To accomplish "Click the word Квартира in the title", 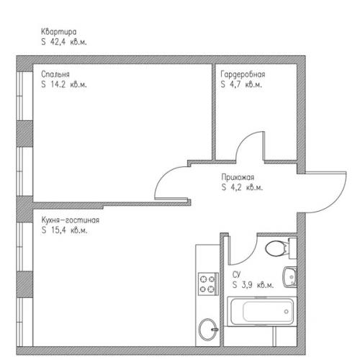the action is (x=58, y=32).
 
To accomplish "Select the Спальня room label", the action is (x=55, y=74).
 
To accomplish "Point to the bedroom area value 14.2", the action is (x=58, y=84).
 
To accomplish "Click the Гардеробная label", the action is (x=243, y=74).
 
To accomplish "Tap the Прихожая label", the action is (x=238, y=178).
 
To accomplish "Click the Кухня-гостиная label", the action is (x=70, y=220).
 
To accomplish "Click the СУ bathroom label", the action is (x=236, y=275).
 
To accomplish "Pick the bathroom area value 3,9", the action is (x=247, y=285).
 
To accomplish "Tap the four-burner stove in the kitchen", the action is (x=208, y=284).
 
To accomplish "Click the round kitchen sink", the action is (x=208, y=330).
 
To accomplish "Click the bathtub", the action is (x=262, y=312).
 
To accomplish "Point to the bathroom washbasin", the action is (x=290, y=277).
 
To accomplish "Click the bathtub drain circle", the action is (x=287, y=312).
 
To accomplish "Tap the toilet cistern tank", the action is (x=293, y=248).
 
